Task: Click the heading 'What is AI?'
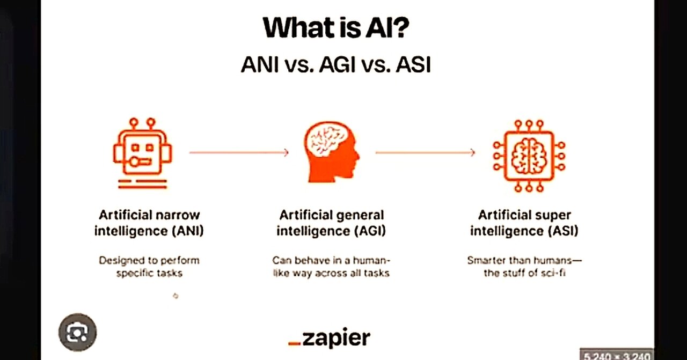pyautogui.click(x=335, y=28)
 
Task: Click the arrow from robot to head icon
pyautogui.click(x=239, y=153)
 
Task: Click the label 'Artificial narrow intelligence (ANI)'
pyautogui.click(x=149, y=223)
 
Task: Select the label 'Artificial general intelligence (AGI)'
pyautogui.click(x=332, y=223)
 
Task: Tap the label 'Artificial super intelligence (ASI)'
pyautogui.click(x=524, y=223)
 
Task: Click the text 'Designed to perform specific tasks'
pyautogui.click(x=149, y=267)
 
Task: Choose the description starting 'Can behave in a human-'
pyautogui.click(x=331, y=267)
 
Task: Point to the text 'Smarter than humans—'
pyautogui.click(x=524, y=261)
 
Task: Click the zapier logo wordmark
pyautogui.click(x=336, y=338)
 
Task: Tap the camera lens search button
pyautogui.click(x=77, y=333)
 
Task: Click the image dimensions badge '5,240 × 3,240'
pyautogui.click(x=617, y=355)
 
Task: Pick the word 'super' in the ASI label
pyautogui.click(x=555, y=215)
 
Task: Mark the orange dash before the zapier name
pyautogui.click(x=294, y=342)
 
